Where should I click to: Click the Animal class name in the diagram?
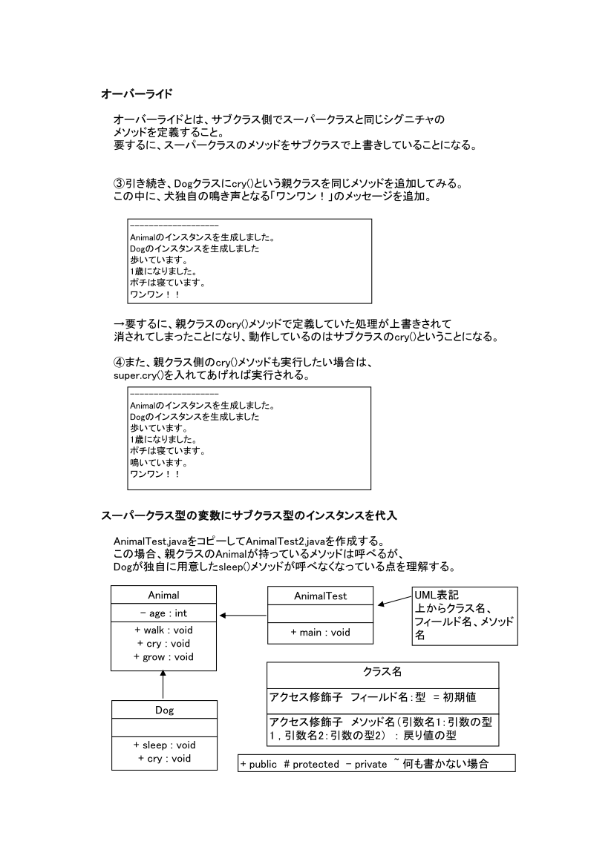(x=164, y=595)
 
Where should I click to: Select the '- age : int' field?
(x=164, y=614)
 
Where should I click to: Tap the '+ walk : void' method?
(x=164, y=630)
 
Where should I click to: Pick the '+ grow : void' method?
(x=164, y=657)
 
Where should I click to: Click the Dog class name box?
(x=164, y=710)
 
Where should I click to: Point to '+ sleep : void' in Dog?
(x=164, y=745)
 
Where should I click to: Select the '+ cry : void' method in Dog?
(x=164, y=758)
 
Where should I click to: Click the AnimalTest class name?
(x=320, y=596)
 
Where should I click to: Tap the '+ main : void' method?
(x=320, y=633)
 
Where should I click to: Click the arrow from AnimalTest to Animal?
(x=243, y=615)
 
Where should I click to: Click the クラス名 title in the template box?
(x=382, y=672)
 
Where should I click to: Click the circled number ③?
(x=118, y=183)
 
